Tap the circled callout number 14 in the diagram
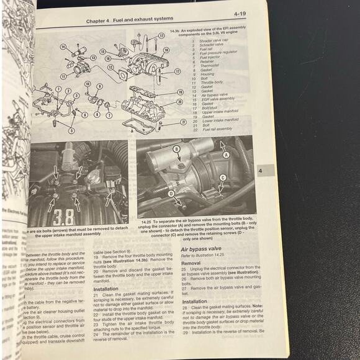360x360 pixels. (x=63, y=47)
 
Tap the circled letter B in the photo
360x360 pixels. (x=176, y=149)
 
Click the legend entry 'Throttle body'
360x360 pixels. (x=209, y=82)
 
